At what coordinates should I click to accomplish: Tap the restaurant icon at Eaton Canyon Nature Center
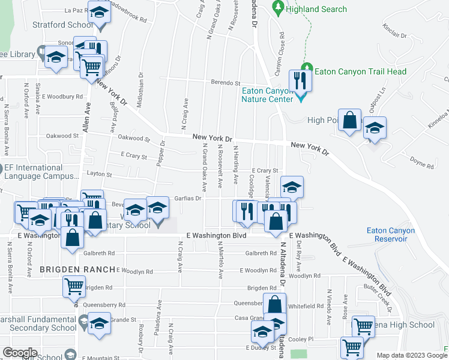click(x=298, y=81)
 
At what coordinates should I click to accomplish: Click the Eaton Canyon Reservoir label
click(x=391, y=235)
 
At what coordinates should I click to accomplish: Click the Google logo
click(x=20, y=352)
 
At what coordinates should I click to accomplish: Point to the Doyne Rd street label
click(x=421, y=163)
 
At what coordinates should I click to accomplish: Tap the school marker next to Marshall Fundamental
click(x=99, y=324)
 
